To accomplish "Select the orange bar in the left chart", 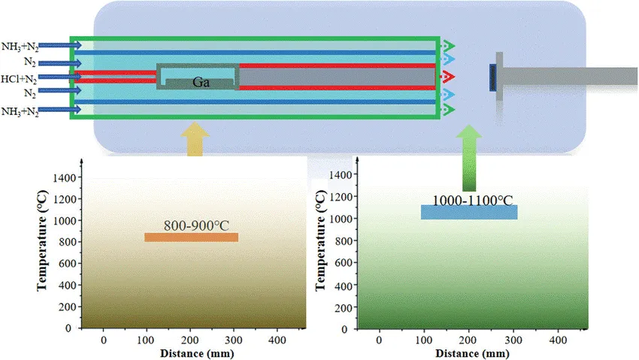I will (x=191, y=237).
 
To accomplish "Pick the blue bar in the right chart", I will (x=469, y=213).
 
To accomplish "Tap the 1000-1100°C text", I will (x=469, y=199).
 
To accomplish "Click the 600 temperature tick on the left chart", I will (x=68, y=264).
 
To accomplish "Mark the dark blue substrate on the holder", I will (x=492, y=77).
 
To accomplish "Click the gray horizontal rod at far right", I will (x=571, y=76).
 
